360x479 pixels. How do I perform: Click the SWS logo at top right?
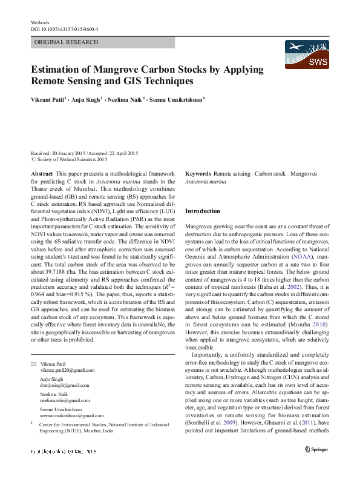(306, 55)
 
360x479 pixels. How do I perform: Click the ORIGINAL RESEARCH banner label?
(67, 42)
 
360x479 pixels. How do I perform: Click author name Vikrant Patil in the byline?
(48, 99)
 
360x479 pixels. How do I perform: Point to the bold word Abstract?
(42, 174)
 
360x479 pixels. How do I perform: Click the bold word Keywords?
(198, 174)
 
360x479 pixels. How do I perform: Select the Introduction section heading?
(203, 211)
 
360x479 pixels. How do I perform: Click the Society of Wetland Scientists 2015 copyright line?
(71, 160)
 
